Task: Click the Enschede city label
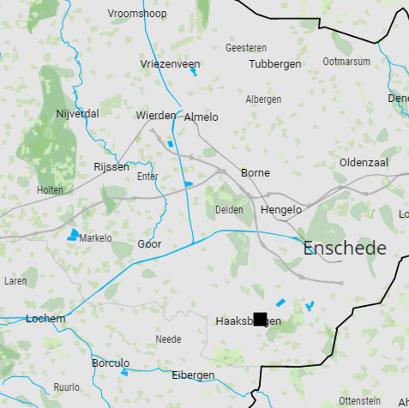pyautogui.click(x=345, y=248)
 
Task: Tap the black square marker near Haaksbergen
pyautogui.click(x=260, y=319)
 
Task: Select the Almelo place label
pyautogui.click(x=201, y=117)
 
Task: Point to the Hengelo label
pyautogui.click(x=281, y=210)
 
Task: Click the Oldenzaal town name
pyautogui.click(x=363, y=163)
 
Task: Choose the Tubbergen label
pyautogui.click(x=275, y=64)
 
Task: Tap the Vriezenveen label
pyautogui.click(x=170, y=64)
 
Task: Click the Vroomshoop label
pyautogui.click(x=137, y=13)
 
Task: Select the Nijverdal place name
pyautogui.click(x=78, y=114)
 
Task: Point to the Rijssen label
pyautogui.click(x=111, y=167)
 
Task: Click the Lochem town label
pyautogui.click(x=46, y=319)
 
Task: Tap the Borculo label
pyautogui.click(x=110, y=363)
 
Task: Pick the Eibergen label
pyautogui.click(x=193, y=375)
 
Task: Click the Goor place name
pyautogui.click(x=149, y=244)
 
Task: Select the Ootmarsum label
pyautogui.click(x=346, y=61)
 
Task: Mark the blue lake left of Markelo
pyautogui.click(x=74, y=235)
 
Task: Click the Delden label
pyautogui.click(x=229, y=210)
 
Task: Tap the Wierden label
pyautogui.click(x=155, y=116)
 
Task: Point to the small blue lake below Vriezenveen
pyautogui.click(x=193, y=72)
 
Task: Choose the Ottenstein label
pyautogui.click(x=359, y=400)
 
